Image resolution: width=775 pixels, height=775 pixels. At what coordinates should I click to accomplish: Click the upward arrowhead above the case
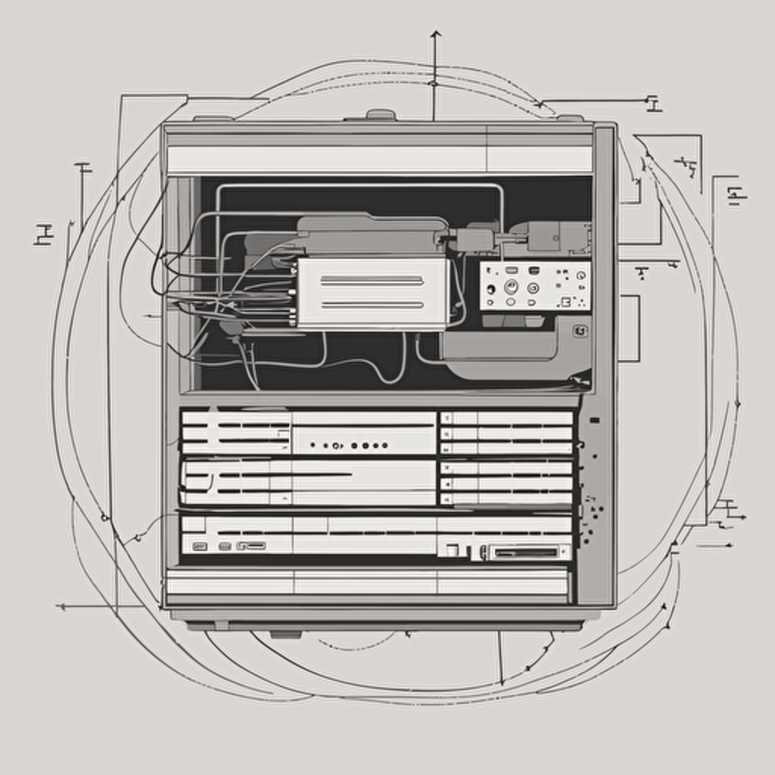pyautogui.click(x=435, y=33)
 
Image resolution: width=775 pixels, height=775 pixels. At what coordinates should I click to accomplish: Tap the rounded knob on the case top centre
pyautogui.click(x=381, y=115)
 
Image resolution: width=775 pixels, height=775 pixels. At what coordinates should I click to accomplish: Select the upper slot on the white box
pyautogui.click(x=372, y=280)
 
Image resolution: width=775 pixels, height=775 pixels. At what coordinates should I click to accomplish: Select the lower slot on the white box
pyautogui.click(x=372, y=305)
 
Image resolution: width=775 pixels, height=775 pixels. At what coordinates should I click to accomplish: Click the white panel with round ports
pyautogui.click(x=534, y=286)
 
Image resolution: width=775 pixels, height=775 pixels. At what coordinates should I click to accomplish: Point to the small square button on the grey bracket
pyautogui.click(x=580, y=331)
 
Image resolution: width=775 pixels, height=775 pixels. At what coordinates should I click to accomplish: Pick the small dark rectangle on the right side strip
pyautogui.click(x=594, y=420)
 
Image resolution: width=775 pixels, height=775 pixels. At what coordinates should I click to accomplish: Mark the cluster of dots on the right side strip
pyautogui.click(x=591, y=518)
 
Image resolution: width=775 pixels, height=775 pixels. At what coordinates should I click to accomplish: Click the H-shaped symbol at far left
pyautogui.click(x=44, y=235)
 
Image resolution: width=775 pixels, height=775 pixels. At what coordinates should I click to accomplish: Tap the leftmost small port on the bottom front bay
pyautogui.click(x=200, y=546)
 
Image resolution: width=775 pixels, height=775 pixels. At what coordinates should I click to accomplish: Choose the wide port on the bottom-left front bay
pyautogui.click(x=251, y=546)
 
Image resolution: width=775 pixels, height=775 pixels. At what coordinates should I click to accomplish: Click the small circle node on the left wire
pyautogui.click(x=104, y=518)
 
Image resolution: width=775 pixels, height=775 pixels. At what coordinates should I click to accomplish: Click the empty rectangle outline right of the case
pyautogui.click(x=629, y=328)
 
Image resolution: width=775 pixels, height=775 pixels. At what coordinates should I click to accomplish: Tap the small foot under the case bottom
pyautogui.click(x=285, y=633)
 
